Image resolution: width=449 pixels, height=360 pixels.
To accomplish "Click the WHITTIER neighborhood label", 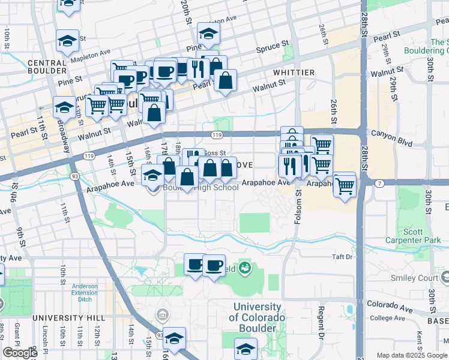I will click(x=294, y=73).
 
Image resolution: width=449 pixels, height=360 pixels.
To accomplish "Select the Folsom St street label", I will click(x=298, y=207).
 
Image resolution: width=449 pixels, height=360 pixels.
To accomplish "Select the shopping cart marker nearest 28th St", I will click(x=345, y=186).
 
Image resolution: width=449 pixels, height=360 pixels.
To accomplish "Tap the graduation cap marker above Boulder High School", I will click(x=152, y=175).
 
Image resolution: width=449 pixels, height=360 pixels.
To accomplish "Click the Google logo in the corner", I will click(x=20, y=353).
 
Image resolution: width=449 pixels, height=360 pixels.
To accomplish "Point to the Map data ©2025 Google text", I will click(x=411, y=355).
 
